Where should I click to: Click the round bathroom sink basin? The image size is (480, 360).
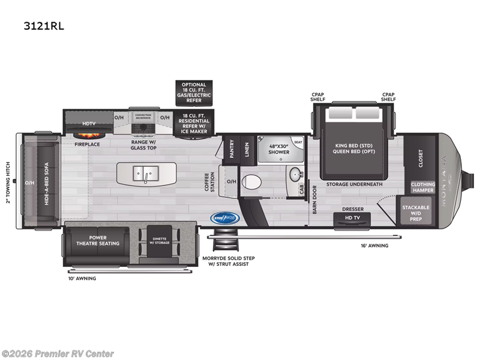click(294, 175)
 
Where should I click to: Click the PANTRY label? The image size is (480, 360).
click(231, 148)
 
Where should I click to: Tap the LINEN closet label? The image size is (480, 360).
click(247, 148)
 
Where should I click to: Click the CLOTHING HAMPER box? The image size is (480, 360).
click(422, 187)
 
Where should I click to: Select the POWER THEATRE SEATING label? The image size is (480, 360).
click(97, 241)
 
